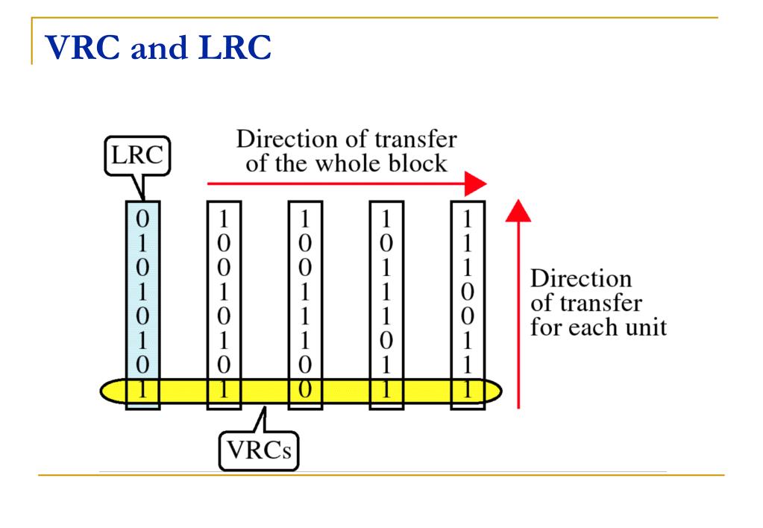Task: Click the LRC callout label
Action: [136, 158]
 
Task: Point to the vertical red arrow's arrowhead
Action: [518, 211]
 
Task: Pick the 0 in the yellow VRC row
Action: [305, 389]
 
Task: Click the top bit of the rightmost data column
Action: [468, 220]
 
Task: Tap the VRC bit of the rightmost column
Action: [468, 389]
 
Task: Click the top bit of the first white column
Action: [224, 220]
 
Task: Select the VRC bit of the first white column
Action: [224, 389]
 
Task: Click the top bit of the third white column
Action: [386, 220]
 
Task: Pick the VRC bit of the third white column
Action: [386, 389]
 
